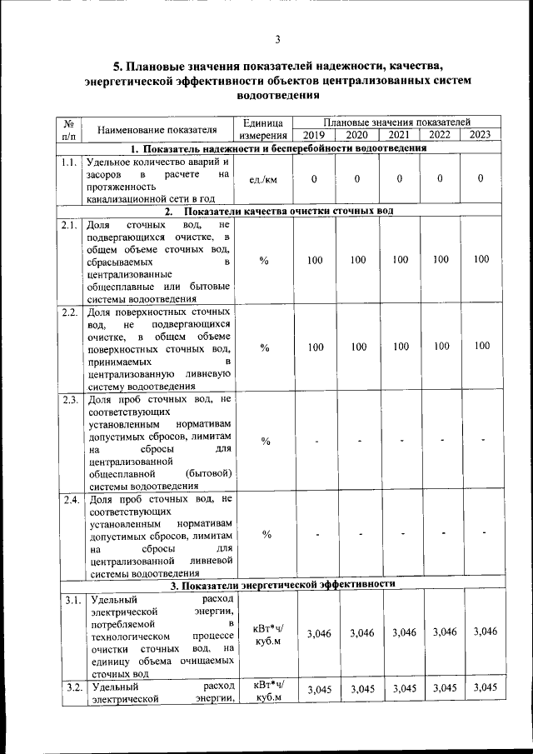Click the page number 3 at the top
[x=277, y=39]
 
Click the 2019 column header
[x=315, y=135]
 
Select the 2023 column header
[x=481, y=135]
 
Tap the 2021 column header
[x=399, y=135]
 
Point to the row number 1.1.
[x=70, y=162]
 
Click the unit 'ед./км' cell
[x=264, y=179]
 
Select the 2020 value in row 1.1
[x=356, y=179]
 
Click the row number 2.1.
[x=70, y=225]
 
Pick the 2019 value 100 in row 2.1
[x=315, y=261]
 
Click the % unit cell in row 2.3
[x=264, y=441]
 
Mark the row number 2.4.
[x=70, y=500]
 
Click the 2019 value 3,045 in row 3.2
[x=315, y=689]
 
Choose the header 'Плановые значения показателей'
[x=397, y=122]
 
